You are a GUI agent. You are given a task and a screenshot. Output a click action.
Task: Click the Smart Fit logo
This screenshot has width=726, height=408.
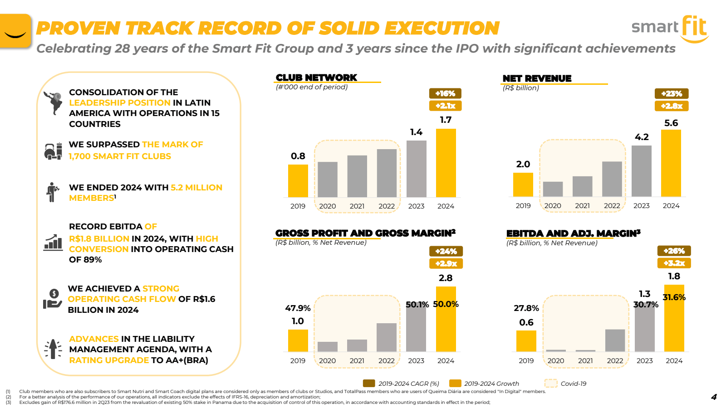670,29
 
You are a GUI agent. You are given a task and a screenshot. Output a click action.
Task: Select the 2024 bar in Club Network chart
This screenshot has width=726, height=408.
446,163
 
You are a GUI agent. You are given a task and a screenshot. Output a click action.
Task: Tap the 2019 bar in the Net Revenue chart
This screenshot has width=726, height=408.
523,185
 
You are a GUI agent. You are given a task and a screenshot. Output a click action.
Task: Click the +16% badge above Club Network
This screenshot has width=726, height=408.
445,93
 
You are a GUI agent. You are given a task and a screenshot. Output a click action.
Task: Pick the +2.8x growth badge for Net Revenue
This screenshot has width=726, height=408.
672,106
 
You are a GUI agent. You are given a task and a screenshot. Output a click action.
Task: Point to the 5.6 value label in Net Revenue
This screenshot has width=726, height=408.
671,123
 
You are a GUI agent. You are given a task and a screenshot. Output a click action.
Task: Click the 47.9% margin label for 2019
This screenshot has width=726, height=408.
298,308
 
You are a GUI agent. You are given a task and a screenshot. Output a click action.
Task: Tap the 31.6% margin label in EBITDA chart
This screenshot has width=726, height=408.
674,297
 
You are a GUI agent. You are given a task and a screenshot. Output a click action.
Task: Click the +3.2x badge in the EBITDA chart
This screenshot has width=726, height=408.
674,263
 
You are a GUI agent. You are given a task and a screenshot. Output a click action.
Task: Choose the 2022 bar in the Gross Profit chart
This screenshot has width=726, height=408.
387,337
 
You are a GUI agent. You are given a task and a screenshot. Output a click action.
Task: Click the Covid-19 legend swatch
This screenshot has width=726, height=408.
551,384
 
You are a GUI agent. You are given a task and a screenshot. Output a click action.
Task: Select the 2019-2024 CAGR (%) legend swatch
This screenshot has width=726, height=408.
369,384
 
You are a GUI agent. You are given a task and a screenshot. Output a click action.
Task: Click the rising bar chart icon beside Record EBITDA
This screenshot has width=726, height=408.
53,243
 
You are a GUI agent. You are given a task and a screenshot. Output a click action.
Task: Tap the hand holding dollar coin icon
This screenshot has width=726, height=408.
53,299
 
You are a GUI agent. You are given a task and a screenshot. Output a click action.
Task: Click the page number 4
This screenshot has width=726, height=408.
714,397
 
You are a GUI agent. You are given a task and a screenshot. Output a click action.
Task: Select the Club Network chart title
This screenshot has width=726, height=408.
316,78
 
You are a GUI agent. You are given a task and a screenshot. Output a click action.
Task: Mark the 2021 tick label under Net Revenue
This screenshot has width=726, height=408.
582,206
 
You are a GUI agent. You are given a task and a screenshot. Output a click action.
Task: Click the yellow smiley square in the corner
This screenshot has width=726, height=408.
15,31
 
